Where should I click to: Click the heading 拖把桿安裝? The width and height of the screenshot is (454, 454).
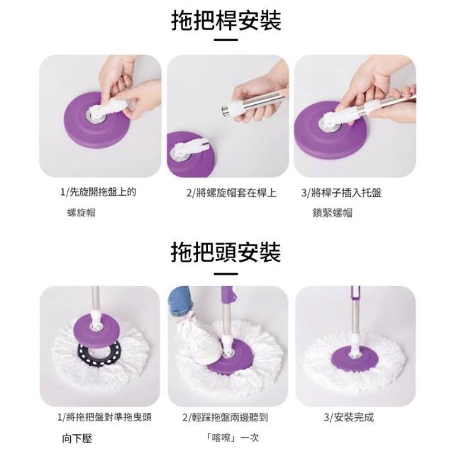226,21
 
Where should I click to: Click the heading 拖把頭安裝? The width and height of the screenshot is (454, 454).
226,253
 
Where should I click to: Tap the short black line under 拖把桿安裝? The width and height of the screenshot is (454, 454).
226,40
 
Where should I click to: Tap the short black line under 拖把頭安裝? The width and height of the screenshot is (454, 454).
226,274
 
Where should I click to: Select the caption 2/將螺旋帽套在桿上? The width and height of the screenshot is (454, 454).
231,193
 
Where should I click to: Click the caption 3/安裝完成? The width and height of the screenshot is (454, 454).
348,417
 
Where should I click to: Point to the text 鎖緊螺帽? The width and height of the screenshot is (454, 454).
333,213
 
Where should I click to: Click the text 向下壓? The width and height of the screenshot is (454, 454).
77,438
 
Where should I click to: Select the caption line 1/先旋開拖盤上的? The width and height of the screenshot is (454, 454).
98,192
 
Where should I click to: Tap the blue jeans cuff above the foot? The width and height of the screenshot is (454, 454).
179,301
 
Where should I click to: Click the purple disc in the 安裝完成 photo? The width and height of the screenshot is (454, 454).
355,358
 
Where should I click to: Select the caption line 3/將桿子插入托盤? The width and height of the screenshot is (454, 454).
341,193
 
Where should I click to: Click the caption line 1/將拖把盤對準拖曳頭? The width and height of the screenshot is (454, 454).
104,417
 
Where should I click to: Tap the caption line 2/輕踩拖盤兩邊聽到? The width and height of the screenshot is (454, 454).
225,417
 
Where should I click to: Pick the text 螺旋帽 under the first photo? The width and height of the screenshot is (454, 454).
81,213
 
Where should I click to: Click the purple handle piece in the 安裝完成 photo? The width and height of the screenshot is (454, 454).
356,293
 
